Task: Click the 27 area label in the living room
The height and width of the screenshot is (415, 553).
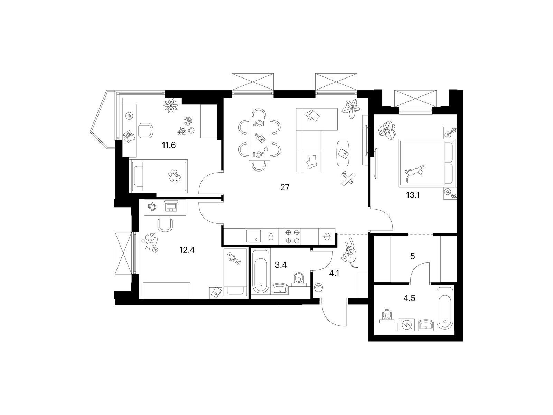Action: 285,187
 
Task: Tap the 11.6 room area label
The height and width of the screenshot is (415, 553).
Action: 169,145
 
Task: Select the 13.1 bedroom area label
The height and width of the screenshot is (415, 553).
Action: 413,195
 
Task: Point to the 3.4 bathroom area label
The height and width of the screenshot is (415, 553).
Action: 281,265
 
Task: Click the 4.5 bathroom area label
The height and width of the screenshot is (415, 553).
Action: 409,298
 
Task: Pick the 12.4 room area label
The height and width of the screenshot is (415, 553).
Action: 187,250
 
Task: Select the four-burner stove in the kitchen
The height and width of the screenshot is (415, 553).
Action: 292,236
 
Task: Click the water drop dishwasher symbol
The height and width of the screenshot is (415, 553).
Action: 271,236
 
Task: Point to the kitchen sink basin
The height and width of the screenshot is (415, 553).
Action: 254,236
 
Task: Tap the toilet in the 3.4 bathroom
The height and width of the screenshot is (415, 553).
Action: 299,279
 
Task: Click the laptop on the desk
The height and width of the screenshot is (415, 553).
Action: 171,206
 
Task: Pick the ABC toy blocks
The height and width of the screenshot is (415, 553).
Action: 181,131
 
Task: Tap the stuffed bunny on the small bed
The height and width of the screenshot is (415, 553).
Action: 234,259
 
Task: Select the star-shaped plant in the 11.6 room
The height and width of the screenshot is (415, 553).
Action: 171,105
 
